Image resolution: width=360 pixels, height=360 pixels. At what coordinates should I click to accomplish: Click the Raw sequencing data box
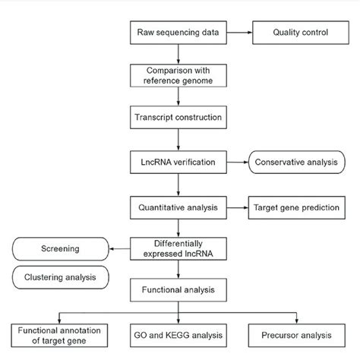pos(178,33)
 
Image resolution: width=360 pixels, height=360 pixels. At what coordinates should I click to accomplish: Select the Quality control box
pos(301,33)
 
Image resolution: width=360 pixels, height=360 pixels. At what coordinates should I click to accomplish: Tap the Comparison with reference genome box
pos(178,75)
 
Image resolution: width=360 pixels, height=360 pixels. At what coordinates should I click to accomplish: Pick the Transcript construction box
pos(178,118)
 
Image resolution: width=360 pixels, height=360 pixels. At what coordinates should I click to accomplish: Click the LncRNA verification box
pos(178,163)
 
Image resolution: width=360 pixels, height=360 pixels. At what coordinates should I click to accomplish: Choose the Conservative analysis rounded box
pos(297,163)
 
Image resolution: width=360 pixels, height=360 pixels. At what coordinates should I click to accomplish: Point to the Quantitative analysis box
pos(178,207)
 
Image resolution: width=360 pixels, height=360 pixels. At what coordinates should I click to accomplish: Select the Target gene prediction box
pos(297,207)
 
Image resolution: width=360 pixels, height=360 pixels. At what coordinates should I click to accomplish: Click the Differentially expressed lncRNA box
pos(178,249)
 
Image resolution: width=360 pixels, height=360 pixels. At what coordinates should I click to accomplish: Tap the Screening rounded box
pos(61,249)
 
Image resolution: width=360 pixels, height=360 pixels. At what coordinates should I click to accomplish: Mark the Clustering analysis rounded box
pos(61,277)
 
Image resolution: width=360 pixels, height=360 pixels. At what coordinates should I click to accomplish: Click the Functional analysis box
pos(178,290)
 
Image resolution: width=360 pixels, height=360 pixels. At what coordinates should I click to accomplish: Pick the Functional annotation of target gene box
pos(59,336)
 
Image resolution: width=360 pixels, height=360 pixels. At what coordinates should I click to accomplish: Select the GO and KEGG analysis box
pos(178,336)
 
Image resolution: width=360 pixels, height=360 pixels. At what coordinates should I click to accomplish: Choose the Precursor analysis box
pos(297,336)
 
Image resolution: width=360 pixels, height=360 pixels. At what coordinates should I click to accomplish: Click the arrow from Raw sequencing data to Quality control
pos(239,33)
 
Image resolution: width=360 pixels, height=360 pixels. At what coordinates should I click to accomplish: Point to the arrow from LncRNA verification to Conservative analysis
pos(238,163)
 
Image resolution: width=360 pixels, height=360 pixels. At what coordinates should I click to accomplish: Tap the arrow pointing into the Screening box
pos(119,249)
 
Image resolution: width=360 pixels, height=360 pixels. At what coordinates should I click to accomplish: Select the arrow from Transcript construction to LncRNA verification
pos(178,140)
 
